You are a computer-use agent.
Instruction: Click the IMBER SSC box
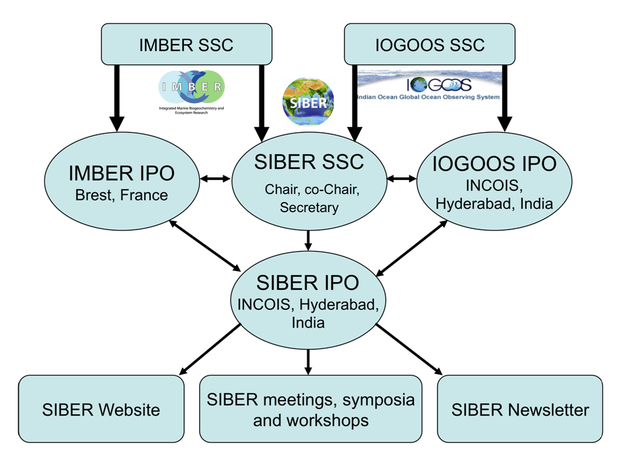coord(186,45)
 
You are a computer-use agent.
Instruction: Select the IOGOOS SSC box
coord(430,45)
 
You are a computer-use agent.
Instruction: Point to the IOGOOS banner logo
coord(430,87)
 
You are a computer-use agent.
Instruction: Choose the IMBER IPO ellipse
coord(121,183)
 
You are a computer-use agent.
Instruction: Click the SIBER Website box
coord(101,409)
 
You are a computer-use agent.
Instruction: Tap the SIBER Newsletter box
coord(520,409)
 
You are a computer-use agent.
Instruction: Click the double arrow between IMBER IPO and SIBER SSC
coord(215,179)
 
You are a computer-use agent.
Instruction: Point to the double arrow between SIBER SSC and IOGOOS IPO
coord(401,179)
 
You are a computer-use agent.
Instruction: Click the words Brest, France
coord(121,195)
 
